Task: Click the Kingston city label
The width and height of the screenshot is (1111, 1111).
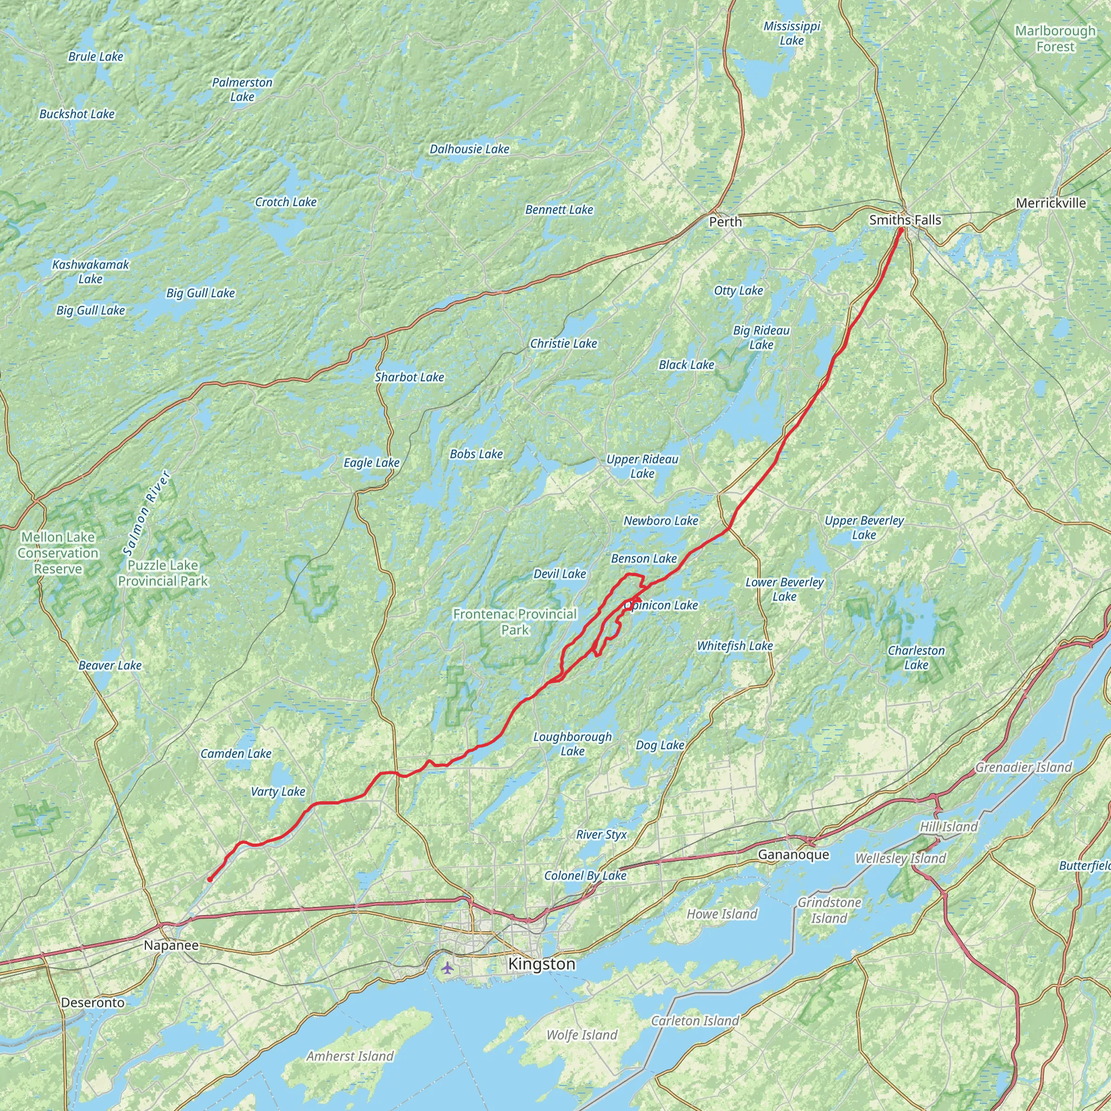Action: (x=541, y=964)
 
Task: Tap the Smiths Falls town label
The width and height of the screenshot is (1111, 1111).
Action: (x=905, y=220)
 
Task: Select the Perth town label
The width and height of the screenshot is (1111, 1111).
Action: (x=725, y=221)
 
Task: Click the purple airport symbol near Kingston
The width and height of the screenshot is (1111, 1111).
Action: (x=448, y=967)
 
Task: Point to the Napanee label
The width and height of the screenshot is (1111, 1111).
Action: (x=171, y=945)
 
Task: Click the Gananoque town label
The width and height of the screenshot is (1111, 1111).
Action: (x=793, y=854)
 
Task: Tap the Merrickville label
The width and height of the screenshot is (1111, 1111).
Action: (x=1051, y=203)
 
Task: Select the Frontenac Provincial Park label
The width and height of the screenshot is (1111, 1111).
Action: (x=515, y=622)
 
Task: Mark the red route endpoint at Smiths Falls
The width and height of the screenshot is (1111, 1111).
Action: (x=901, y=231)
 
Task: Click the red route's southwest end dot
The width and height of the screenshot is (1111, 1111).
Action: (x=210, y=879)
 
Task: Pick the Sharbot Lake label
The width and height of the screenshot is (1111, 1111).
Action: (x=409, y=377)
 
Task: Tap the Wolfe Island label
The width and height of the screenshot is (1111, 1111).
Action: (x=582, y=1035)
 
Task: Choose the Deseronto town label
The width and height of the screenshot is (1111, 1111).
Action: (x=93, y=1003)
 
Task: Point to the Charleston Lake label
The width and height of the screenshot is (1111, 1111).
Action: (x=916, y=657)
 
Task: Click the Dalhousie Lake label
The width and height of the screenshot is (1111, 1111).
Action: (x=469, y=149)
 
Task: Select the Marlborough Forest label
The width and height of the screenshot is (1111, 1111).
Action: (x=1055, y=39)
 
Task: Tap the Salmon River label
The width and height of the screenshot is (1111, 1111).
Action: (x=147, y=513)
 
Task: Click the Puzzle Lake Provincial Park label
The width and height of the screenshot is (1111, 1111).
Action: (x=163, y=573)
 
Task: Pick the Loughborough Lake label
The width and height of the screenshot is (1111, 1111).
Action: (x=572, y=744)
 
